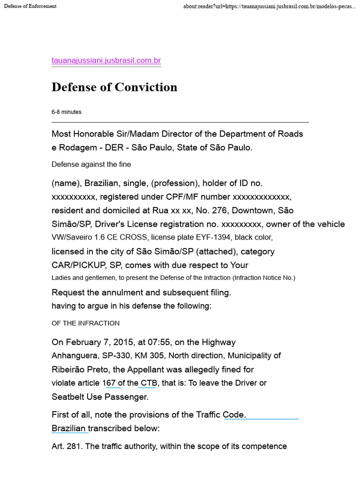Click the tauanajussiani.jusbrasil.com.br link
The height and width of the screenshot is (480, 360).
click(106, 60)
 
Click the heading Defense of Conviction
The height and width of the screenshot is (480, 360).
click(114, 87)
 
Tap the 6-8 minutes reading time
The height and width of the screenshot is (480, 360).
click(66, 112)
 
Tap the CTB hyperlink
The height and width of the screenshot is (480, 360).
click(147, 383)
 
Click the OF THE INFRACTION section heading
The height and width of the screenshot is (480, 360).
click(85, 323)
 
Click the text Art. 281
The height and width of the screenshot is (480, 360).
click(67, 446)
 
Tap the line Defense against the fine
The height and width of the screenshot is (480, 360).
click(91, 164)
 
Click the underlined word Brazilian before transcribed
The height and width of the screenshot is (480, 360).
click(69, 428)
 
